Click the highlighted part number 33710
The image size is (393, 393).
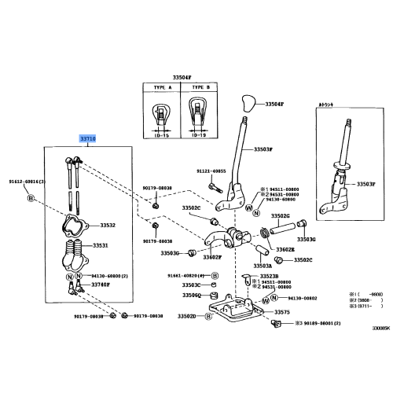pyautogui.click(x=87, y=138)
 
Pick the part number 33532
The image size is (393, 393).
pyautogui.click(x=108, y=225)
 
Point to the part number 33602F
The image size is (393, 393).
pyautogui.click(x=212, y=257)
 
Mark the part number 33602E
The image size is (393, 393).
pyautogui.click(x=286, y=249)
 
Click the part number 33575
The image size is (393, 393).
pyautogui.click(x=282, y=312)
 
